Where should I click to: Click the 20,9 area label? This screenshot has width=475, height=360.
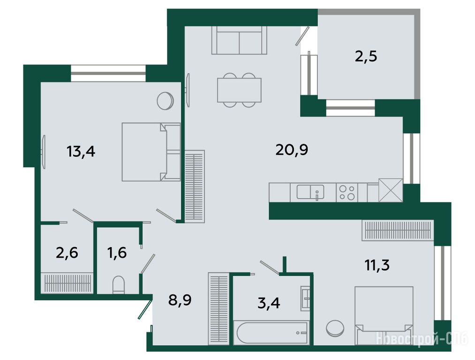[x=292, y=150]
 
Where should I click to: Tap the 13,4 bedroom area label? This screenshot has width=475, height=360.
[x=81, y=151]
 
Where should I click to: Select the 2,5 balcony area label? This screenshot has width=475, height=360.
[x=366, y=56]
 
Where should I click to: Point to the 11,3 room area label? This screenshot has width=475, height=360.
[x=377, y=265]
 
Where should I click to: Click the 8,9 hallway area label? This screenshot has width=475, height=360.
[x=180, y=300]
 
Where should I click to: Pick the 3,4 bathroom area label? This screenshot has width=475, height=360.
[x=269, y=303]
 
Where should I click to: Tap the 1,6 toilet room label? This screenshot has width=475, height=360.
[x=117, y=253]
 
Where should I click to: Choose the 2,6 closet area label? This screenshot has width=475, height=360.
[x=67, y=253]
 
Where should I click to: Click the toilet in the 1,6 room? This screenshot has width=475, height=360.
[x=119, y=285]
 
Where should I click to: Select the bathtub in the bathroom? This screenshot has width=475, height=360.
[x=272, y=332]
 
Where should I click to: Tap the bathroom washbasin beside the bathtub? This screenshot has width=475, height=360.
[x=305, y=298]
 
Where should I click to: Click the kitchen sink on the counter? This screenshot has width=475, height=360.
[x=310, y=192]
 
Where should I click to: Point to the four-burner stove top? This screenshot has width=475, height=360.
[x=347, y=193]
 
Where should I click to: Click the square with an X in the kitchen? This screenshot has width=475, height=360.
[x=391, y=190]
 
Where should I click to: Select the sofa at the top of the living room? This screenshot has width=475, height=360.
[x=239, y=40]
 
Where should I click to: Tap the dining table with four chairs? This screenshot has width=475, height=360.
[x=239, y=90]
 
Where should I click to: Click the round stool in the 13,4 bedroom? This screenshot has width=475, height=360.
[x=165, y=101]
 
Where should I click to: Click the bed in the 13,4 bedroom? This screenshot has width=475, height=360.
[x=151, y=152]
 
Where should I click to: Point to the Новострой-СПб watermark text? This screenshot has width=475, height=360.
[x=422, y=339]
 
